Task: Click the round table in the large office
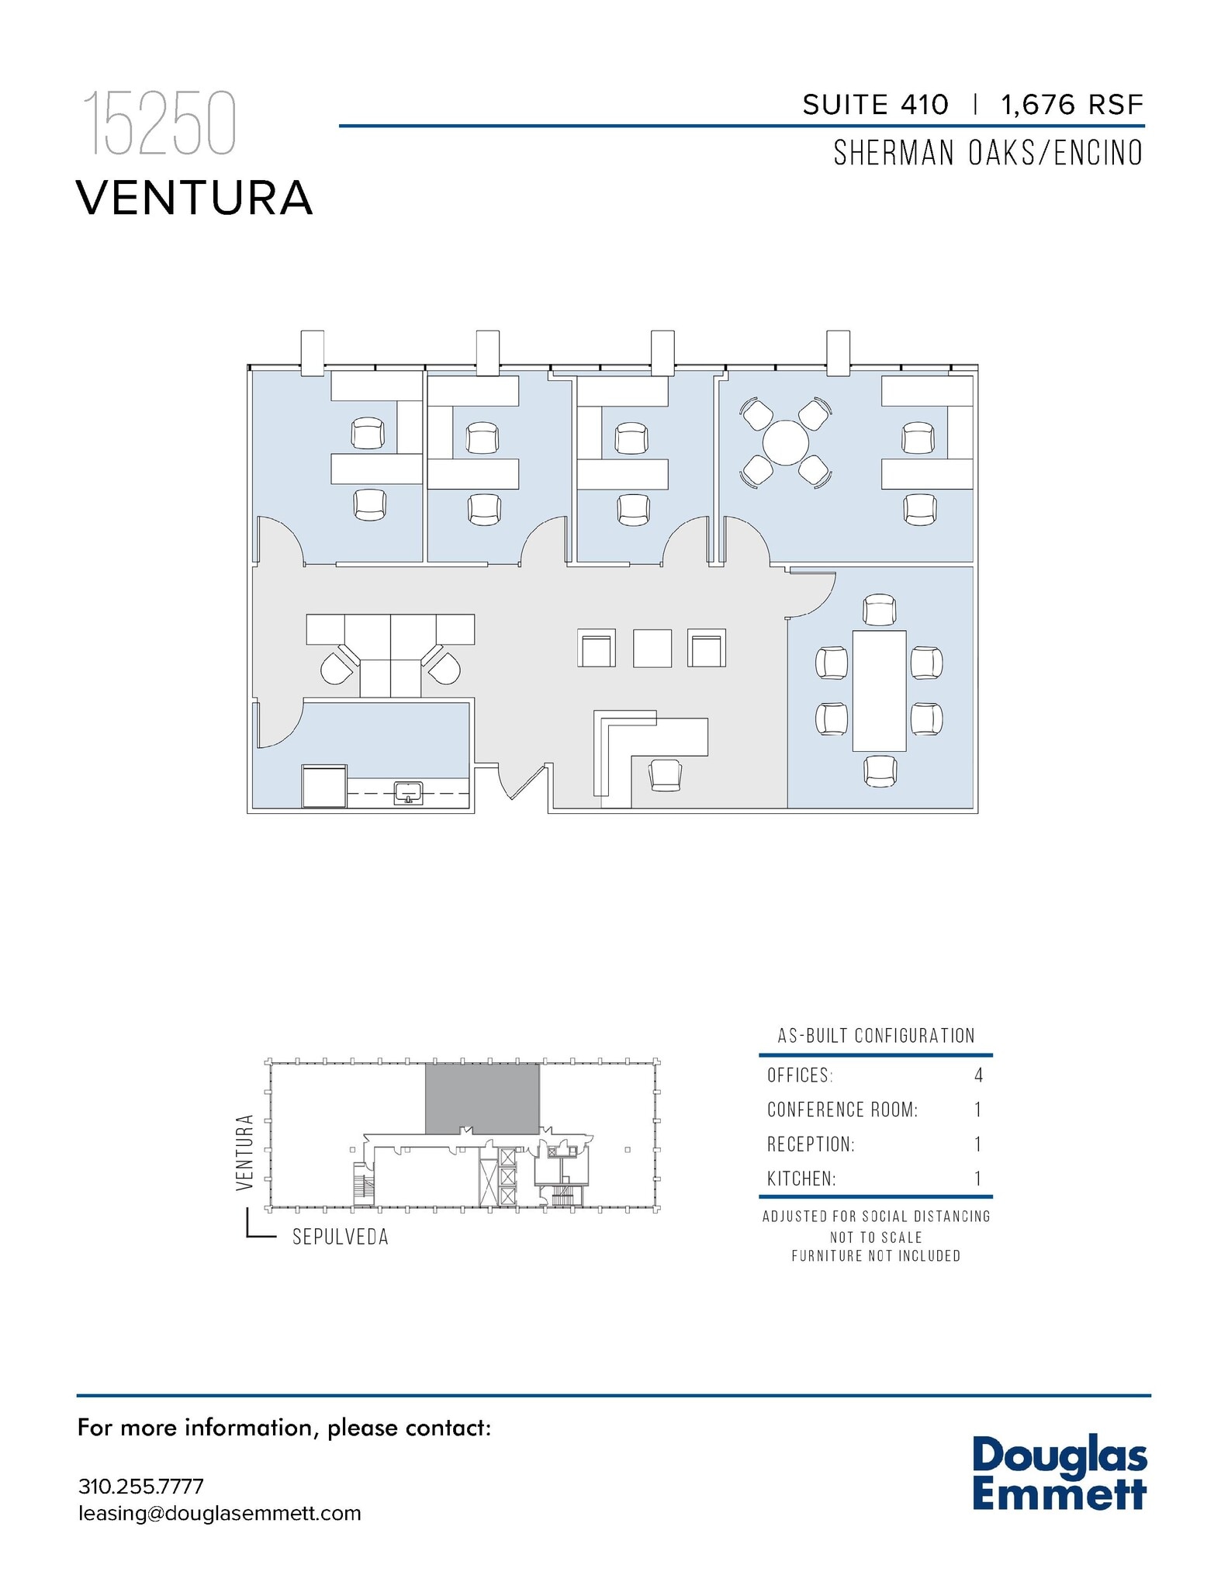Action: pyautogui.click(x=785, y=443)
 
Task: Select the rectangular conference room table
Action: pyautogui.click(x=879, y=691)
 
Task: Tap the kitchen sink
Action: pyautogui.click(x=408, y=793)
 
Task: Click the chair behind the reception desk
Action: pyautogui.click(x=665, y=774)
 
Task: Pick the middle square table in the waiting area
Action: pyautogui.click(x=652, y=648)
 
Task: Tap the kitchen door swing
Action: pyautogui.click(x=278, y=725)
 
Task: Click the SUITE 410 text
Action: pyautogui.click(x=874, y=105)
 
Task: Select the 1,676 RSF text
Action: pyautogui.click(x=1072, y=105)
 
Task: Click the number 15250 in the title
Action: pyautogui.click(x=158, y=124)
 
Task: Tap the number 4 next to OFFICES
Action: pyautogui.click(x=978, y=1075)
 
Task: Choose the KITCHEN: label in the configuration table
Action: pyautogui.click(x=801, y=1179)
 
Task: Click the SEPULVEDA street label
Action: pyautogui.click(x=340, y=1238)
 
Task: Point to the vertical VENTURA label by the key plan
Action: pyautogui.click(x=245, y=1152)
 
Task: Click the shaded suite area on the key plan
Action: pyautogui.click(x=482, y=1098)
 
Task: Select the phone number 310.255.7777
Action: pyautogui.click(x=140, y=1487)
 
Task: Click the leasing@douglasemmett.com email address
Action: pyautogui.click(x=220, y=1514)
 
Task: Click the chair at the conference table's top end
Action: pyautogui.click(x=879, y=609)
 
